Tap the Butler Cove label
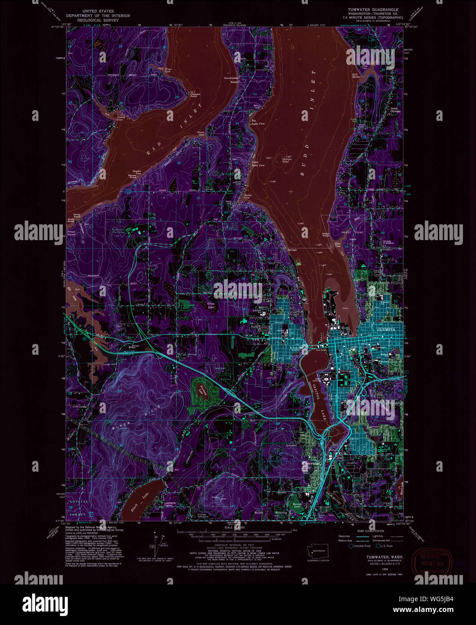click(x=247, y=196)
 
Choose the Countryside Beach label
click(x=231, y=80)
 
